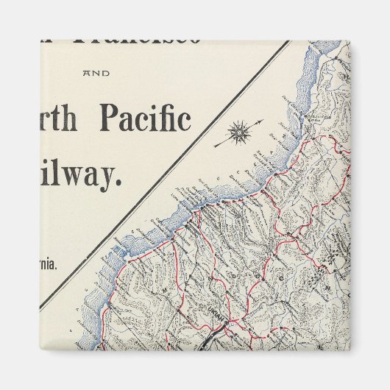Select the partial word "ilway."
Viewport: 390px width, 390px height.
[x=82, y=175]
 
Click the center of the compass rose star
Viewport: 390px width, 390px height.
[x=238, y=133]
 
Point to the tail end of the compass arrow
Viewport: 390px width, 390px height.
[x=215, y=146]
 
